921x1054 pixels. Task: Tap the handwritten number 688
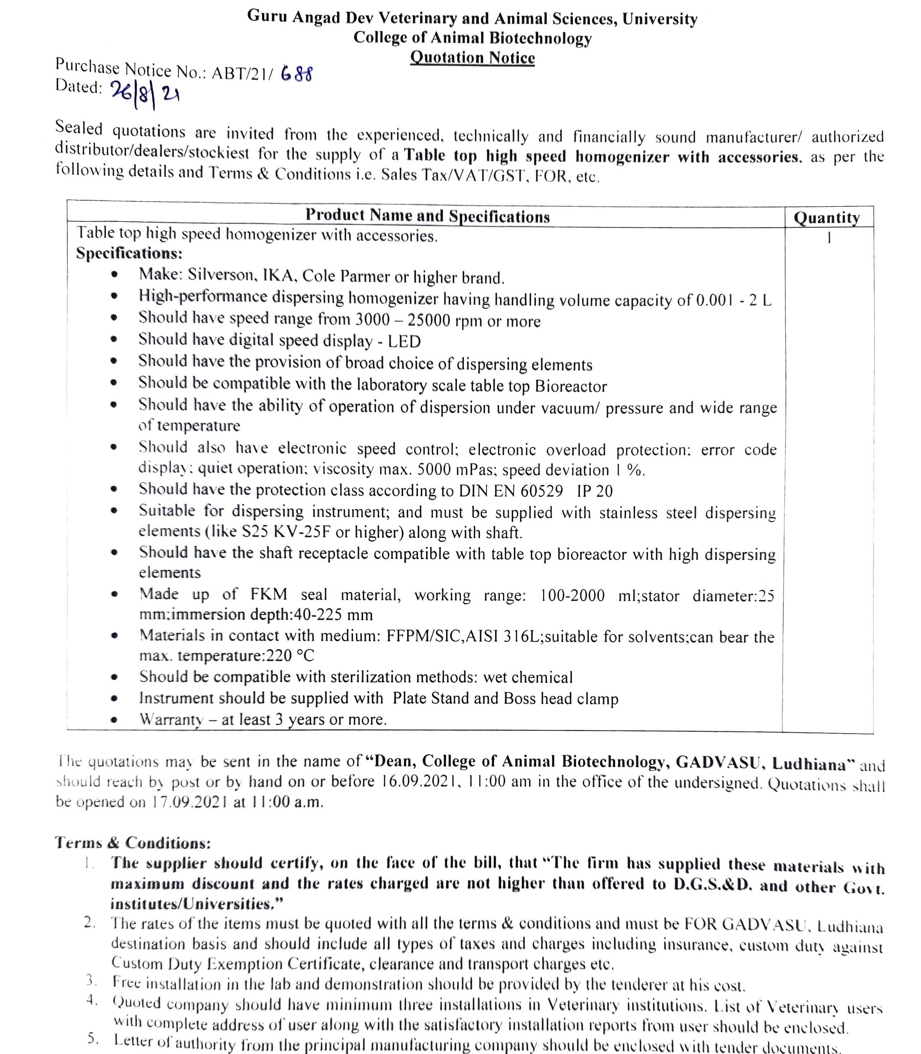click(x=296, y=75)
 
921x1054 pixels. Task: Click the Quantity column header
click(x=827, y=218)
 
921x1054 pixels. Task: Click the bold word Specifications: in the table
click(x=129, y=253)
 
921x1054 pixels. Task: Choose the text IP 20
click(x=595, y=491)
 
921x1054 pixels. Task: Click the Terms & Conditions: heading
click(x=133, y=843)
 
